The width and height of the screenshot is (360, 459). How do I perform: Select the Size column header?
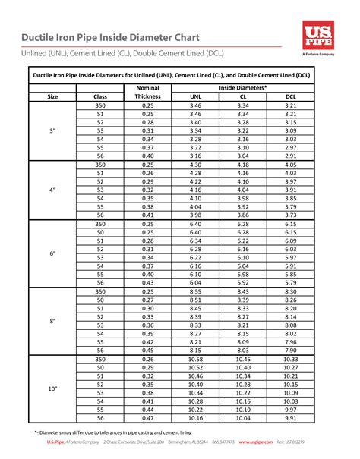click(x=52, y=97)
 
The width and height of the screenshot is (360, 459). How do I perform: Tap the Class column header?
click(x=100, y=97)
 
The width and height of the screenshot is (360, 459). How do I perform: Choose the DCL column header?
click(x=290, y=97)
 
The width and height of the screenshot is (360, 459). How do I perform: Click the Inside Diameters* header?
click(x=242, y=88)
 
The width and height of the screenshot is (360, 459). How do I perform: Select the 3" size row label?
click(x=52, y=130)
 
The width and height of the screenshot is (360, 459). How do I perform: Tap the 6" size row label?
click(x=52, y=253)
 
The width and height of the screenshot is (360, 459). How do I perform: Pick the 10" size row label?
click(x=52, y=388)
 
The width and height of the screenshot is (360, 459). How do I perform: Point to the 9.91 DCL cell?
click(x=290, y=418)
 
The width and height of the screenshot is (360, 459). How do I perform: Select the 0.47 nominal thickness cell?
click(x=147, y=418)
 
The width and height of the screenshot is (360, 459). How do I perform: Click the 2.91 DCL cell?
click(x=290, y=156)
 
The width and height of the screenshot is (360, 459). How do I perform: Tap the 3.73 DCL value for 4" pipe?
click(x=290, y=215)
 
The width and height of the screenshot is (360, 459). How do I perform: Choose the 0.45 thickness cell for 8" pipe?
click(x=147, y=351)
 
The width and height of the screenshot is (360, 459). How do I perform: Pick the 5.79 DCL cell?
click(x=290, y=283)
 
